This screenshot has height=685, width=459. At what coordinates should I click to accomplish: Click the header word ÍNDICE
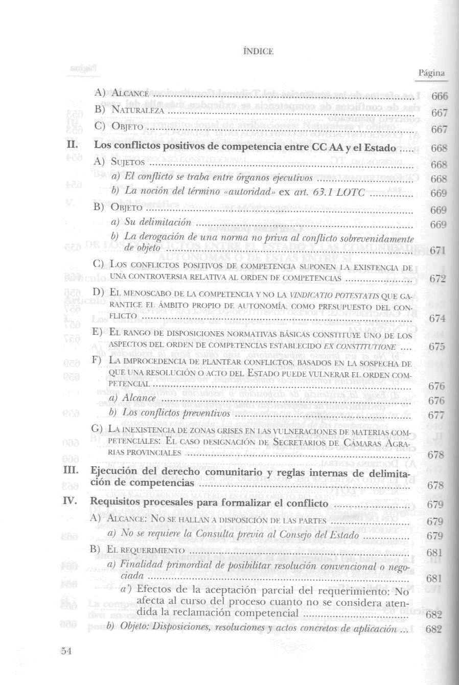click(x=258, y=51)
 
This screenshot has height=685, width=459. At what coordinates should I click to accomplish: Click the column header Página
click(x=431, y=73)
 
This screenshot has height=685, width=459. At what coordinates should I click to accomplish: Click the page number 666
click(x=440, y=97)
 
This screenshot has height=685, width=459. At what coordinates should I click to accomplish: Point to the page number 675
click(x=438, y=346)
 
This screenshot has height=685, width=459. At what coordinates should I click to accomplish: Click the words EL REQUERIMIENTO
click(x=146, y=551)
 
